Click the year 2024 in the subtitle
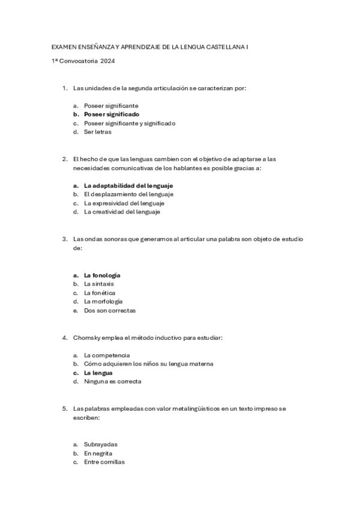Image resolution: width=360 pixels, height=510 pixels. point(108,61)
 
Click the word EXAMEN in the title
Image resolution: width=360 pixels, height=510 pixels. point(62,46)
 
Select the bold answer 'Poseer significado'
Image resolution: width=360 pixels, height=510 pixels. point(111,114)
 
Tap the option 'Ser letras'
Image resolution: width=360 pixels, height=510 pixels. point(98,132)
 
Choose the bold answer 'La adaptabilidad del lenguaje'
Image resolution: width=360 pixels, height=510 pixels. point(128,185)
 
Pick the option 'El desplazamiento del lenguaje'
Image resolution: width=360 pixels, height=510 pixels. point(128,194)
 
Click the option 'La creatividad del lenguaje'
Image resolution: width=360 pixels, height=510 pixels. point(122,212)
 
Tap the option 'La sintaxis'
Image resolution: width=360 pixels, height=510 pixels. point(99,283)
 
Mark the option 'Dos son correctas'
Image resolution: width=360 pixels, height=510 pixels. point(109,310)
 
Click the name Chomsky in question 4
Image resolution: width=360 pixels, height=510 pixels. point(85,337)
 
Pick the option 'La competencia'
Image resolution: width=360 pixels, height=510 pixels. point(106,355)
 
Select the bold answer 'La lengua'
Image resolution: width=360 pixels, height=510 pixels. point(98,372)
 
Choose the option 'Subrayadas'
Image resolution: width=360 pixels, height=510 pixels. point(100,444)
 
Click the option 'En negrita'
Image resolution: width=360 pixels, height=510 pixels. point(98,453)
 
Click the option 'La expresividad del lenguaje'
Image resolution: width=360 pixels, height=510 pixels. point(124,203)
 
